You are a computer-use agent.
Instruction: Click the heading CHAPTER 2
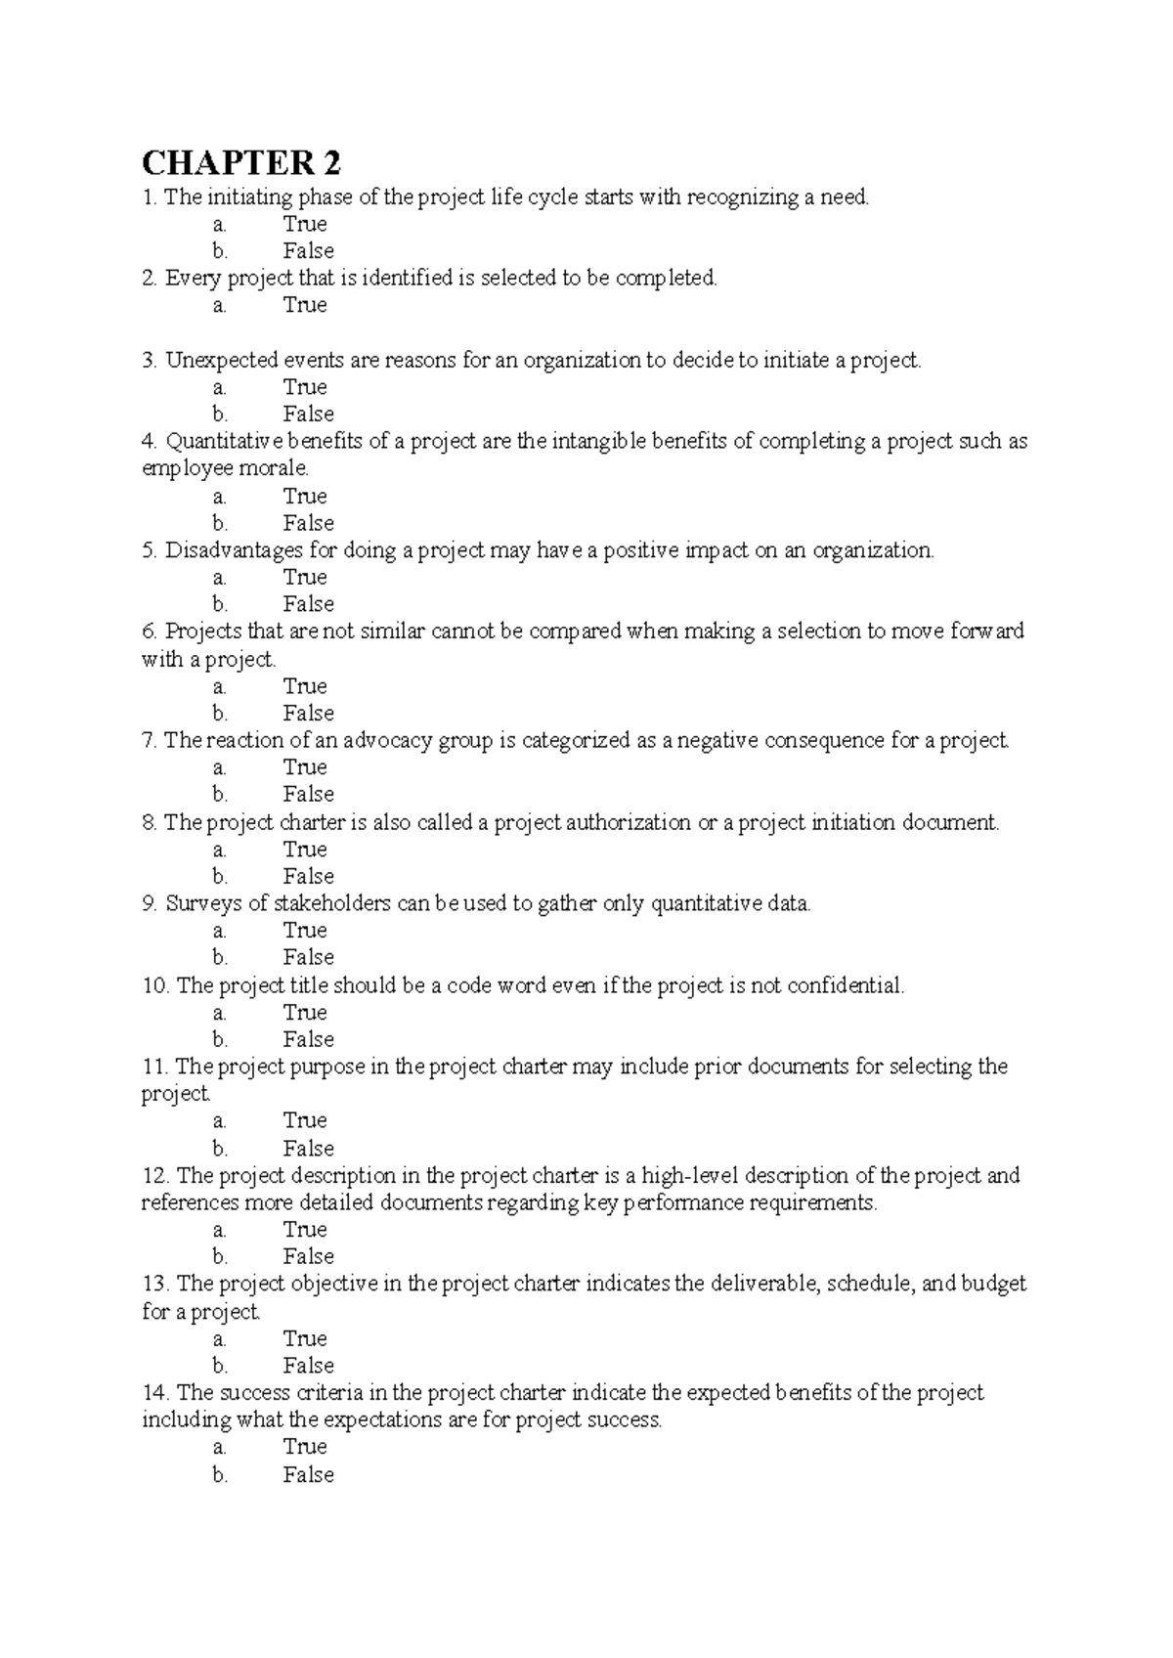(242, 161)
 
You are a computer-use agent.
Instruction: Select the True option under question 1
(304, 224)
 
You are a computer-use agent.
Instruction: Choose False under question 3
(308, 414)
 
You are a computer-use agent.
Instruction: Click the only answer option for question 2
(304, 306)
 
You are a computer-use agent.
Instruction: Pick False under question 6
(308, 714)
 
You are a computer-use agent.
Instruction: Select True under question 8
(304, 850)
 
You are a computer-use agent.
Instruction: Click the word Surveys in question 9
(201, 904)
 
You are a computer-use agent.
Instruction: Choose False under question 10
(308, 1040)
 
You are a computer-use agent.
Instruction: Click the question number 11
(155, 1067)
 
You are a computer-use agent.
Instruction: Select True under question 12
(304, 1230)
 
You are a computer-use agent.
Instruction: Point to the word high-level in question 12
(689, 1176)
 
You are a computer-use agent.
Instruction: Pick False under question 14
(308, 1475)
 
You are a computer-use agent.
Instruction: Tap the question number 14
(155, 1393)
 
